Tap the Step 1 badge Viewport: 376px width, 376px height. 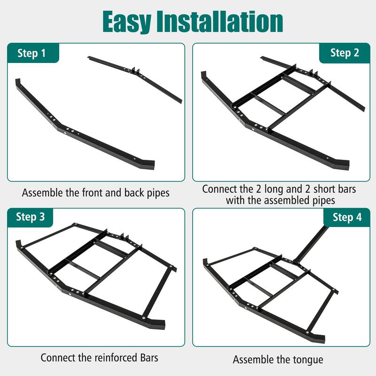(x=32, y=53)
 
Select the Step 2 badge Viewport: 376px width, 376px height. (x=344, y=53)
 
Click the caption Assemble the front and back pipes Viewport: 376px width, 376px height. (x=96, y=192)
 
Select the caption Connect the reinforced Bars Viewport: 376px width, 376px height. (x=99, y=357)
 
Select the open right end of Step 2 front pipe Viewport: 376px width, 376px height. (x=343, y=164)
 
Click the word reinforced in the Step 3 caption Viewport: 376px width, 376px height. (x=111, y=357)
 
